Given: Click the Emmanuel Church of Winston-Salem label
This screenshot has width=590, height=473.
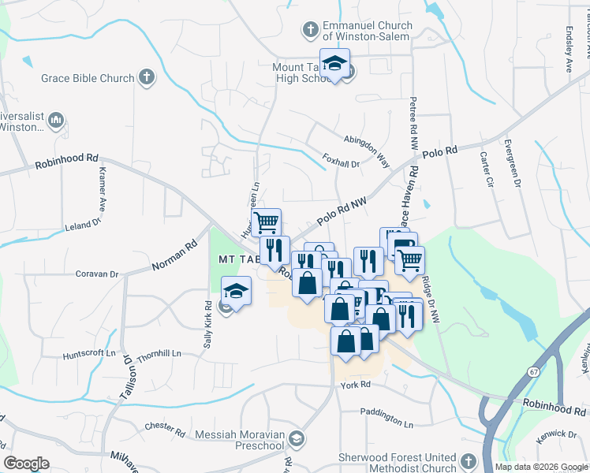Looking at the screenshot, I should pyautogui.click(x=365, y=31).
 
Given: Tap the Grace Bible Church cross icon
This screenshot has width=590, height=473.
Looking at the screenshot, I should pyautogui.click(x=145, y=77).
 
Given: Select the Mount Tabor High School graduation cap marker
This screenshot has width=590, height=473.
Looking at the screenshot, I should pyautogui.click(x=334, y=65).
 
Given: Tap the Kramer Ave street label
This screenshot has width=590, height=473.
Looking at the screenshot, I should pyautogui.click(x=103, y=188).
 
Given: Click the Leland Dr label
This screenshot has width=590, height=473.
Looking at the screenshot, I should pyautogui.click(x=84, y=225).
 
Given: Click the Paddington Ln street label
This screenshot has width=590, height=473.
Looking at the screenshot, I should pyautogui.click(x=386, y=412).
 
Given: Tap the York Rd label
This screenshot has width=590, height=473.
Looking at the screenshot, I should pyautogui.click(x=356, y=384).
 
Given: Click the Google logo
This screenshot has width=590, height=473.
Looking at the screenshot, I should pyautogui.click(x=27, y=464).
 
